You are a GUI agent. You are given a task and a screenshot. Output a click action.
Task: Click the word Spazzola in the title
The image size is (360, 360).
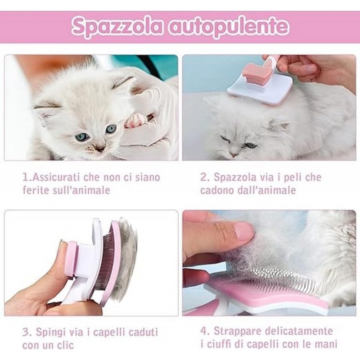click(116, 27)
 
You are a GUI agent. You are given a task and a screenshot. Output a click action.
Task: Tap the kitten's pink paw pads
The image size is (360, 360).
click(135, 120)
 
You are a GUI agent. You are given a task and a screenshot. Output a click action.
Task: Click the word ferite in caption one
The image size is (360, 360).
click(35, 190)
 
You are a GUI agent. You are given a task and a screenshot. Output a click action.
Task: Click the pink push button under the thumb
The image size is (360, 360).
click(72, 261)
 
